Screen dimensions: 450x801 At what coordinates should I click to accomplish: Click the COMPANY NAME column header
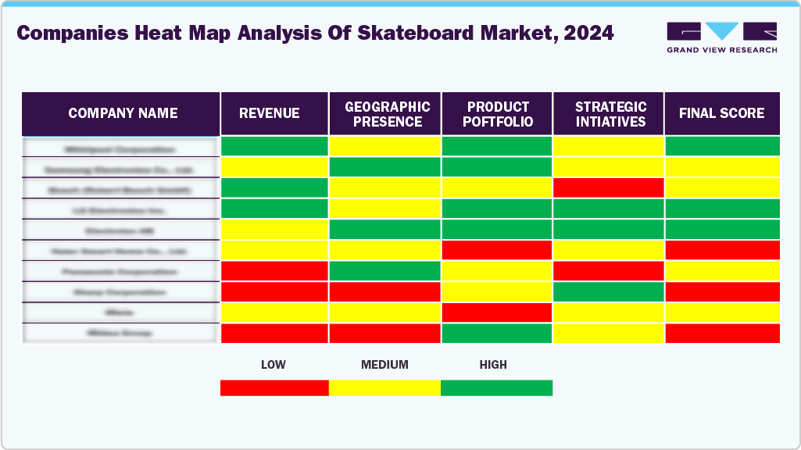coord(123,113)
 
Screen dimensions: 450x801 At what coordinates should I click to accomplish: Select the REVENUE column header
coord(269,113)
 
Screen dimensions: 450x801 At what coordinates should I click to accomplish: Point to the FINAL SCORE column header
coord(721,113)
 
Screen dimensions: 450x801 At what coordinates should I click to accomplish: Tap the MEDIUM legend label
coord(384,365)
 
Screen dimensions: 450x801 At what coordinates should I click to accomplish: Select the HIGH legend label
coord(493,365)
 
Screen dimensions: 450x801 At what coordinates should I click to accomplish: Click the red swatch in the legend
coord(274,387)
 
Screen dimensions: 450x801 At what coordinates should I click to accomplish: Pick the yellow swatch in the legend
coord(384,387)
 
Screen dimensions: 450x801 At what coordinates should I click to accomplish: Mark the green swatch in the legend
coord(496,387)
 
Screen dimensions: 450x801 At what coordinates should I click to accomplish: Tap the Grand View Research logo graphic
coord(721,31)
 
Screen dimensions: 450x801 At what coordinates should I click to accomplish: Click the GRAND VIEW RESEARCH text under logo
coord(721,50)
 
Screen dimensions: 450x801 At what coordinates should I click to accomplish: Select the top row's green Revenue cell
coord(274,146)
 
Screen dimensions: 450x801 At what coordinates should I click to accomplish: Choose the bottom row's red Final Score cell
coord(722,333)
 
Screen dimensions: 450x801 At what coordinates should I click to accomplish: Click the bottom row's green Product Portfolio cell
coord(497,333)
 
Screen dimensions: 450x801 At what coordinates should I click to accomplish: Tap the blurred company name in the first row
coord(120,148)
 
